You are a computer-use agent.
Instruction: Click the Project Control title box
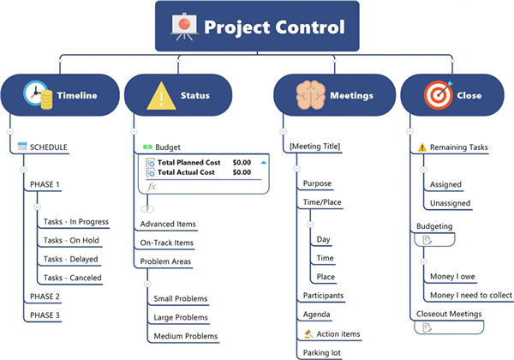(256, 27)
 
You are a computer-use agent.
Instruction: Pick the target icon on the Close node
(438, 96)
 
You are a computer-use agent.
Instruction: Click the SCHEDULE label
(48, 147)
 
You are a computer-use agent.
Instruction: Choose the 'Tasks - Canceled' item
(72, 278)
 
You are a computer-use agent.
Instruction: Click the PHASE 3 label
(45, 315)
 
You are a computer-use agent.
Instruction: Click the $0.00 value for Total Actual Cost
(242, 172)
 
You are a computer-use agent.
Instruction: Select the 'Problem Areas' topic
(165, 261)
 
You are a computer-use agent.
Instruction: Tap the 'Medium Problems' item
(185, 336)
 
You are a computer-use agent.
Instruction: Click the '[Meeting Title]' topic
(315, 147)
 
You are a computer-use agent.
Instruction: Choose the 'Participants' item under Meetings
(323, 296)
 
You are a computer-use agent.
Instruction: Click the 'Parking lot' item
(322, 352)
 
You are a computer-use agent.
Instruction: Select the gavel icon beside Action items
(308, 333)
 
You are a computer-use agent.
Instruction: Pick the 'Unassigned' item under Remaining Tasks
(451, 203)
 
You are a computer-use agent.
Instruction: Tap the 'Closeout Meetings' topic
(449, 314)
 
